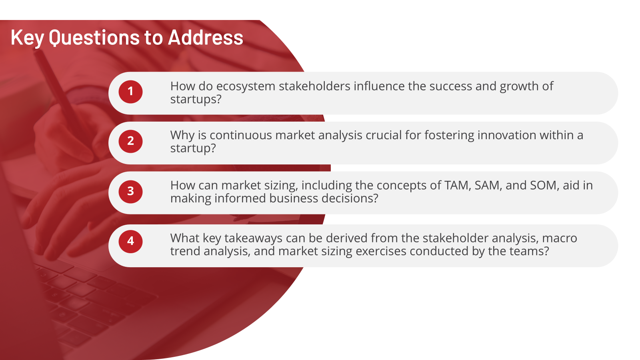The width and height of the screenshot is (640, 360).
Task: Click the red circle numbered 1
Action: [x=130, y=92]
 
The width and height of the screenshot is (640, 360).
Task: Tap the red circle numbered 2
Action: [x=130, y=142]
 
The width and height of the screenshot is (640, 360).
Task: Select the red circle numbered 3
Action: [x=130, y=192]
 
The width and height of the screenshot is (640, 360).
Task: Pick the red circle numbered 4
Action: [x=130, y=242]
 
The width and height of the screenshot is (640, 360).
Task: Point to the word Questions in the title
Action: [x=94, y=38]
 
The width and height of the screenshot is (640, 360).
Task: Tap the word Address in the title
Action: [x=206, y=38]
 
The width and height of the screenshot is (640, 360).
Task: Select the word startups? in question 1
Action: [x=196, y=100]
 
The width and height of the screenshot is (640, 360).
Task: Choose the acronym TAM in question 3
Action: [x=458, y=186]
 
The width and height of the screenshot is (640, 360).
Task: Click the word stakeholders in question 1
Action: [x=314, y=86]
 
